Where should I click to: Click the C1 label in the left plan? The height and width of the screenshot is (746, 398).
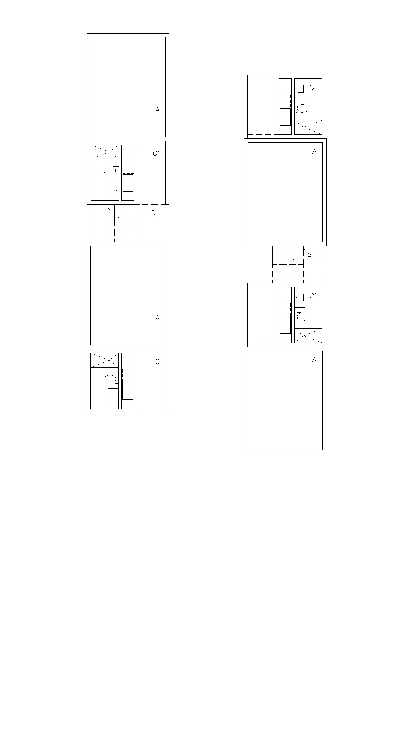[x=156, y=154]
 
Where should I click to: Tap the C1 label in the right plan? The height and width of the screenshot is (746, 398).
[x=313, y=296]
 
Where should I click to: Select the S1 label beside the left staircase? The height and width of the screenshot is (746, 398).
[x=154, y=213]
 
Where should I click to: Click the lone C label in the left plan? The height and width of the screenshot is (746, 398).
[x=157, y=362]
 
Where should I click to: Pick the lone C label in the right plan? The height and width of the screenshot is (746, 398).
[x=312, y=88]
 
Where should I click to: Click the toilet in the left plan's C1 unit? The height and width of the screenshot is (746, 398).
[x=111, y=171]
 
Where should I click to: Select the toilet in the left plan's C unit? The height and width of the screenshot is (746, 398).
[x=111, y=379]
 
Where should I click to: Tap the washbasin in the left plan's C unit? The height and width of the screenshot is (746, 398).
[x=112, y=399]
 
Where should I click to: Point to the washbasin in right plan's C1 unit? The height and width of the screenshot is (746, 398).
[x=300, y=297]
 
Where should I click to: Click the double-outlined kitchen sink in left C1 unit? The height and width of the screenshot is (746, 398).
[x=128, y=183]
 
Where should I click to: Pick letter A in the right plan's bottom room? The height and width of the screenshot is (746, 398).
[x=314, y=360]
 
